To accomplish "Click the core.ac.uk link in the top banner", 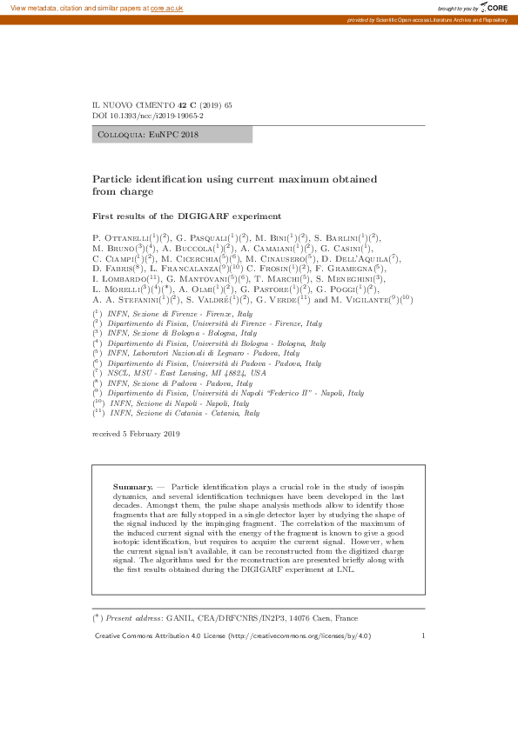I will pyautogui.click(x=166, y=7).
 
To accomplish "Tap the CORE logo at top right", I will pyautogui.click(x=494, y=7).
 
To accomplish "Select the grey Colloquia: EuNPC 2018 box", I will pyautogui.click(x=172, y=135).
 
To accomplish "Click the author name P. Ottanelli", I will pyautogui.click(x=121, y=237).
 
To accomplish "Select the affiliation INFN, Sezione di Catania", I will pyautogui.click(x=183, y=414).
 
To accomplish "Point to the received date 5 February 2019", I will pyautogui.click(x=136, y=433).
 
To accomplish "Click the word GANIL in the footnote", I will pyautogui.click(x=179, y=618).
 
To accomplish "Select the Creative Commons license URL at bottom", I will pyautogui.click(x=297, y=636).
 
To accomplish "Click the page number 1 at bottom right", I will pyautogui.click(x=423, y=636).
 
